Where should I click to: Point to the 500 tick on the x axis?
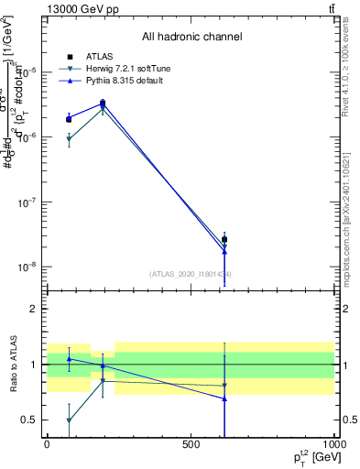(191, 443)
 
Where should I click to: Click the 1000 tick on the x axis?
(333, 443)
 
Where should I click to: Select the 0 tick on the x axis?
(47, 443)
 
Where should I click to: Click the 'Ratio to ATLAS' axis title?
(15, 364)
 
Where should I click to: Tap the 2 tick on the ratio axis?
(33, 309)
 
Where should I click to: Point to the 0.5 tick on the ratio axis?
(28, 420)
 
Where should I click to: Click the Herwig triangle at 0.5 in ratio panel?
(70, 420)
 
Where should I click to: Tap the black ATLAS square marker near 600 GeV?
(224, 239)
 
